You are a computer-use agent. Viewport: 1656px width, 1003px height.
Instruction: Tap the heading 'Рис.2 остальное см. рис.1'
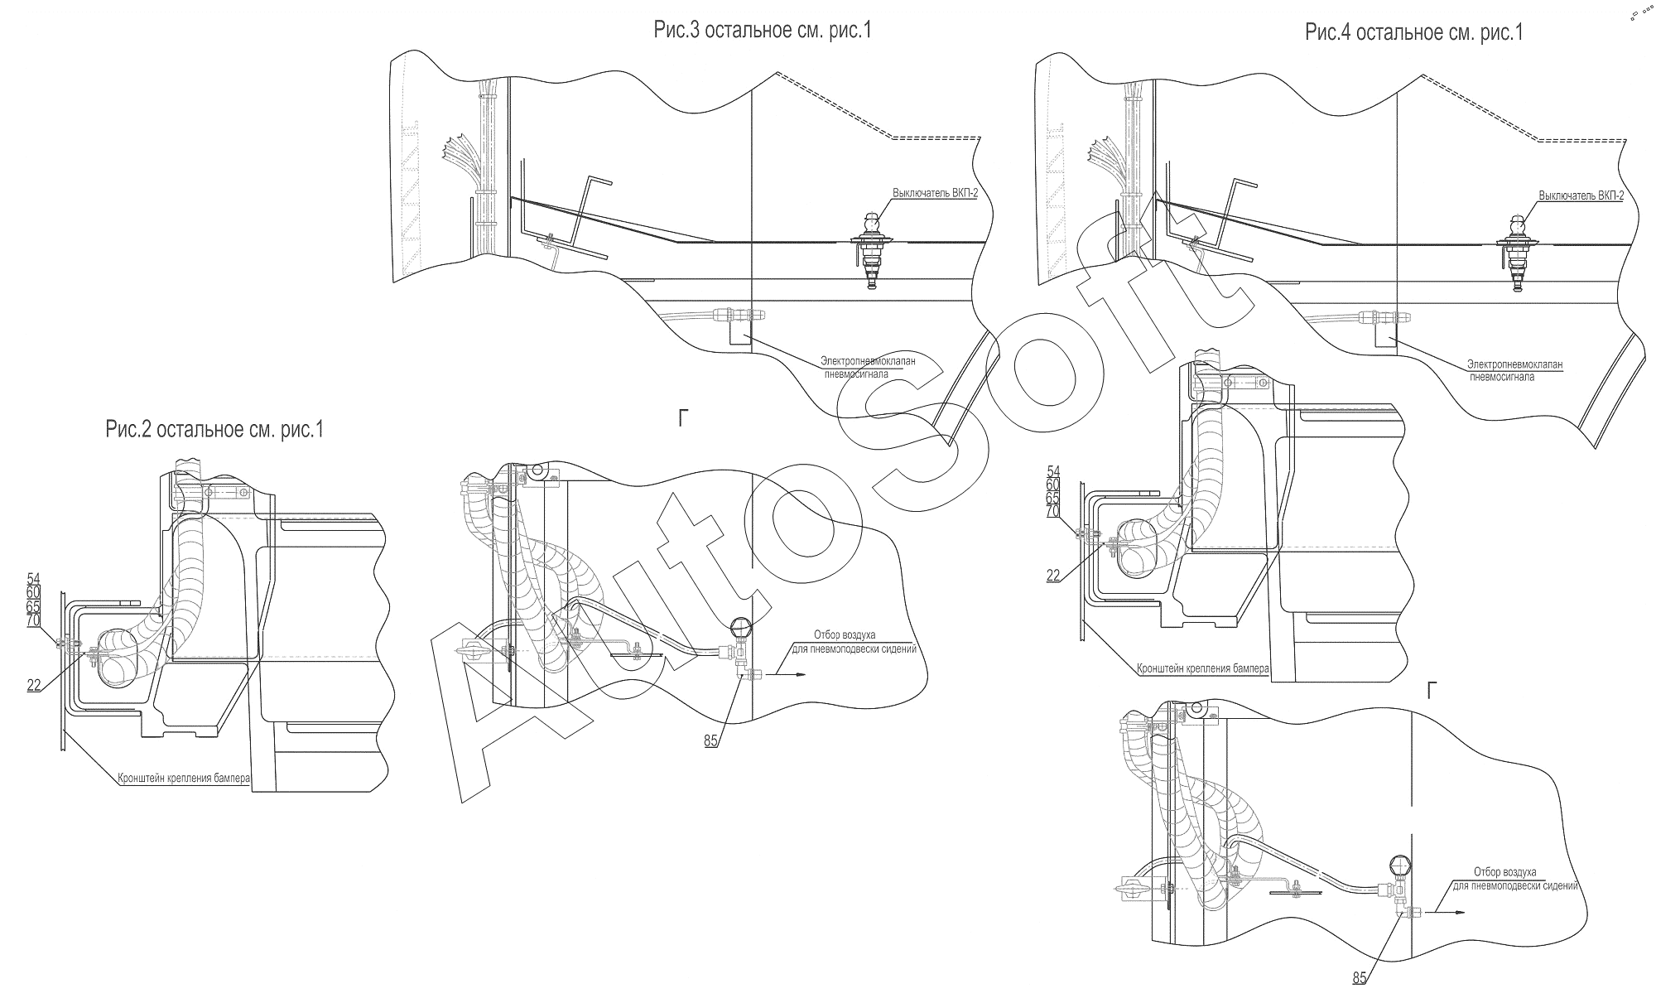tap(214, 430)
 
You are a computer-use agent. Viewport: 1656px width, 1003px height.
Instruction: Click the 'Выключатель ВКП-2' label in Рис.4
tap(1581, 195)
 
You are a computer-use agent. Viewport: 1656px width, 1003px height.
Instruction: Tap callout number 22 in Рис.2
tap(34, 685)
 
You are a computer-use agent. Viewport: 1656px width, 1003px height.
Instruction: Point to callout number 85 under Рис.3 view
tap(711, 741)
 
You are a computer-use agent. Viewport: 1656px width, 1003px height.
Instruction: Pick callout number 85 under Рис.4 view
tap(1360, 978)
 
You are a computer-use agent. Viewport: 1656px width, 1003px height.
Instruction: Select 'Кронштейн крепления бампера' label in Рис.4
tap(1203, 668)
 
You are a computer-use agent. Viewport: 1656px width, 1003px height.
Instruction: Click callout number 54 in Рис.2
tap(33, 578)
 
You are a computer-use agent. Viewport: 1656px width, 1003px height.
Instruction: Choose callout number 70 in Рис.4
tap(1053, 512)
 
